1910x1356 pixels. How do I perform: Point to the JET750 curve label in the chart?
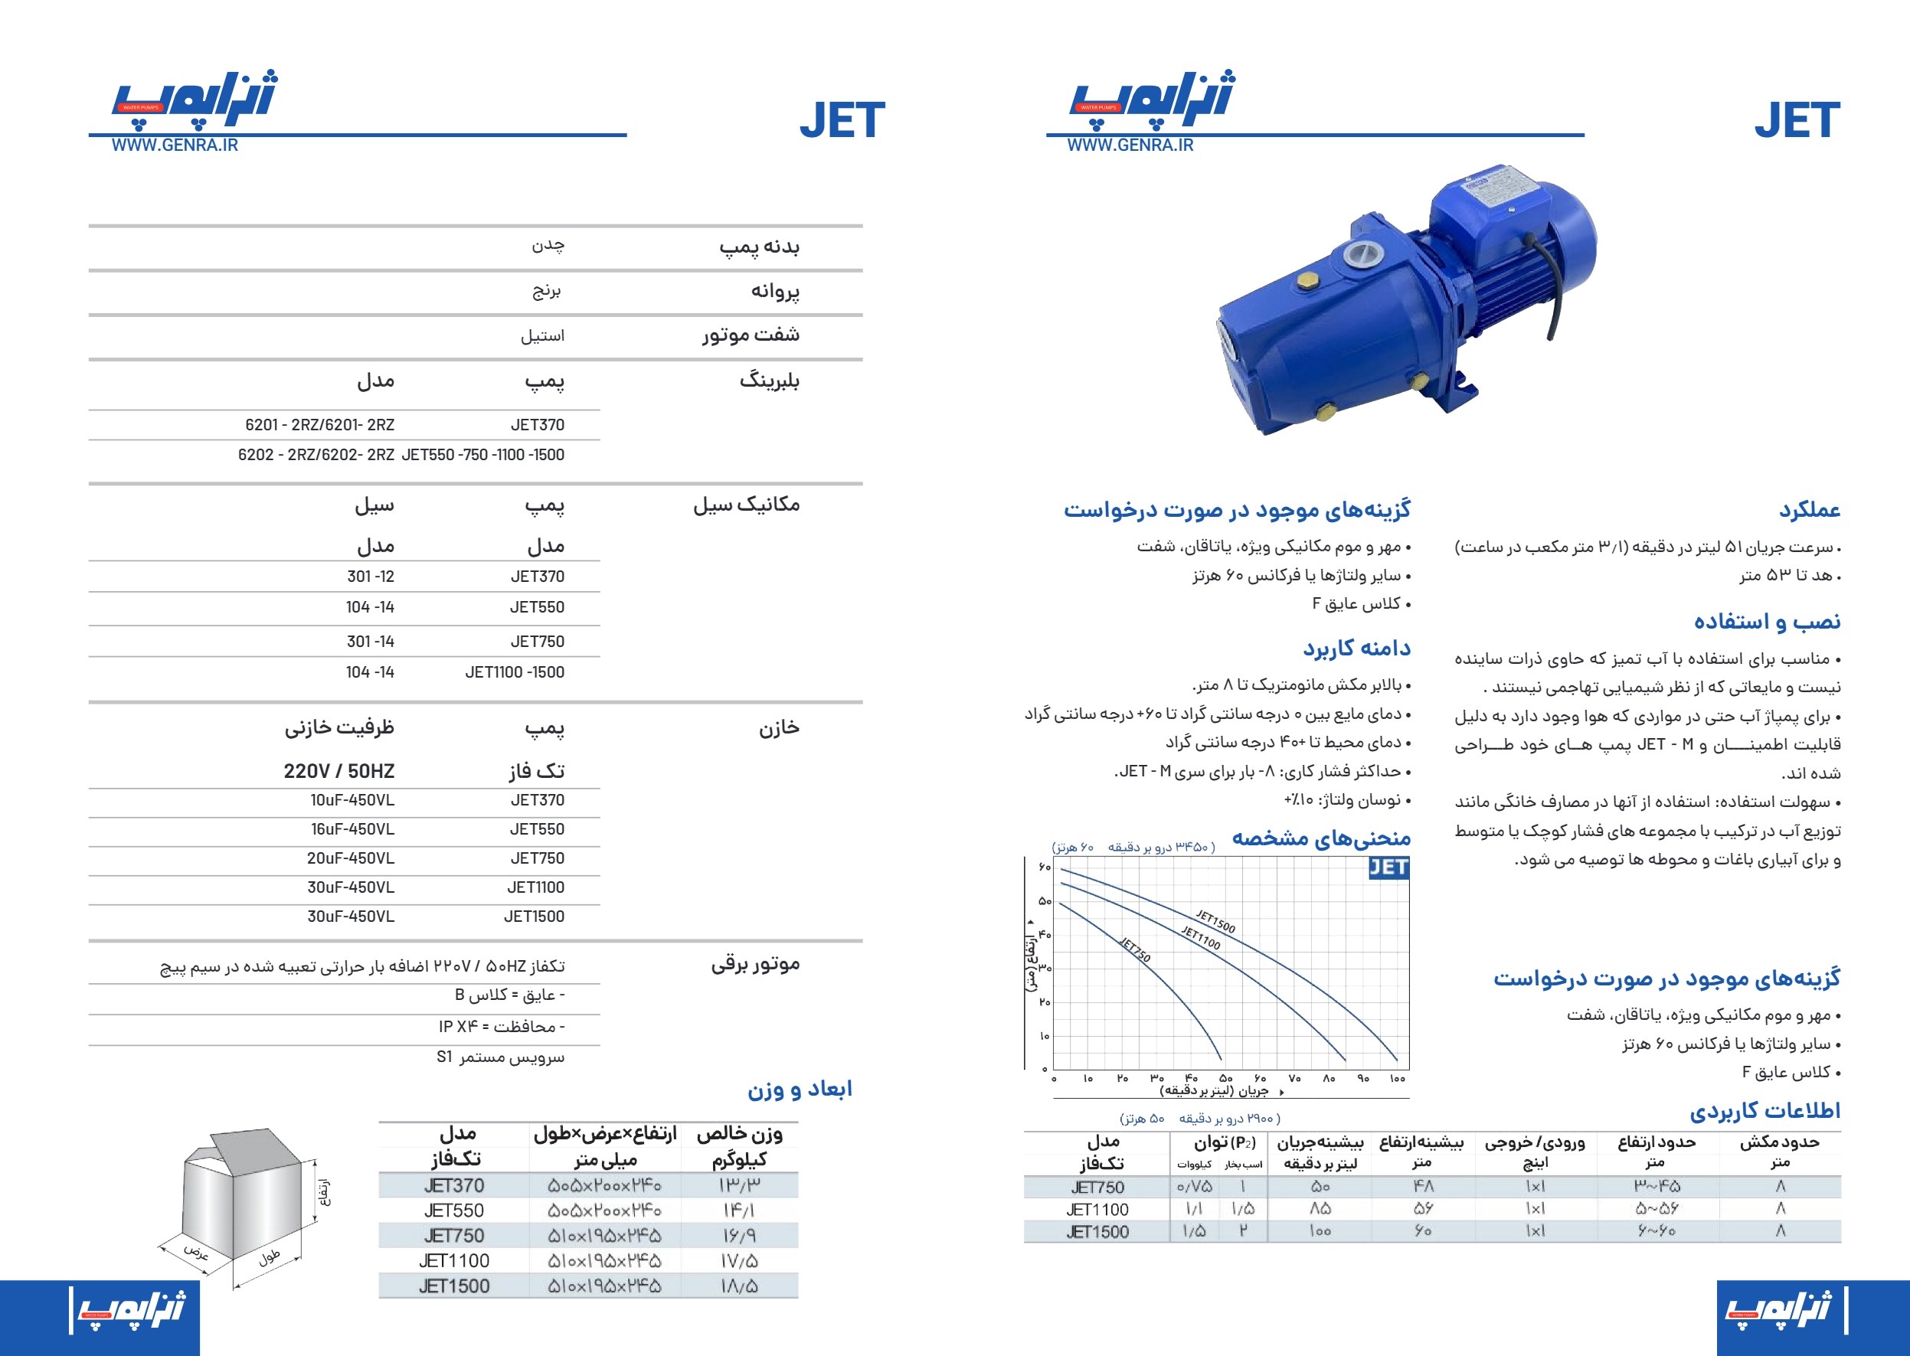(x=1135, y=950)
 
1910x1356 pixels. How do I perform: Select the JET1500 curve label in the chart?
(x=1215, y=921)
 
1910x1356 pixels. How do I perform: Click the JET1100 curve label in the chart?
(x=1201, y=938)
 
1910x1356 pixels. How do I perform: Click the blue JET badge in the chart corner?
(x=1388, y=868)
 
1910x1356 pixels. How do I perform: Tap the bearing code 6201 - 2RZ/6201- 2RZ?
(x=320, y=425)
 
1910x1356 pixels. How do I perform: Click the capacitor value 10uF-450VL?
(x=352, y=801)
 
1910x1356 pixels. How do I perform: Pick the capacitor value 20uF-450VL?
(x=351, y=858)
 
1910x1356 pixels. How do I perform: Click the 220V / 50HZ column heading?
(x=339, y=771)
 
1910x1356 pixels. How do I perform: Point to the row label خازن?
(x=778, y=728)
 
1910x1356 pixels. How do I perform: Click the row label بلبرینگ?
(x=769, y=381)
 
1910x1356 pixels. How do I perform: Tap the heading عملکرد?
(x=1809, y=509)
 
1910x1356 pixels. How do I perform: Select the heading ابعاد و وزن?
(x=800, y=1089)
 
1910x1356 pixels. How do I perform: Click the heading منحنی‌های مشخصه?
(x=1321, y=838)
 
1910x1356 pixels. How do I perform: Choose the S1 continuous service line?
(x=500, y=1057)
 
